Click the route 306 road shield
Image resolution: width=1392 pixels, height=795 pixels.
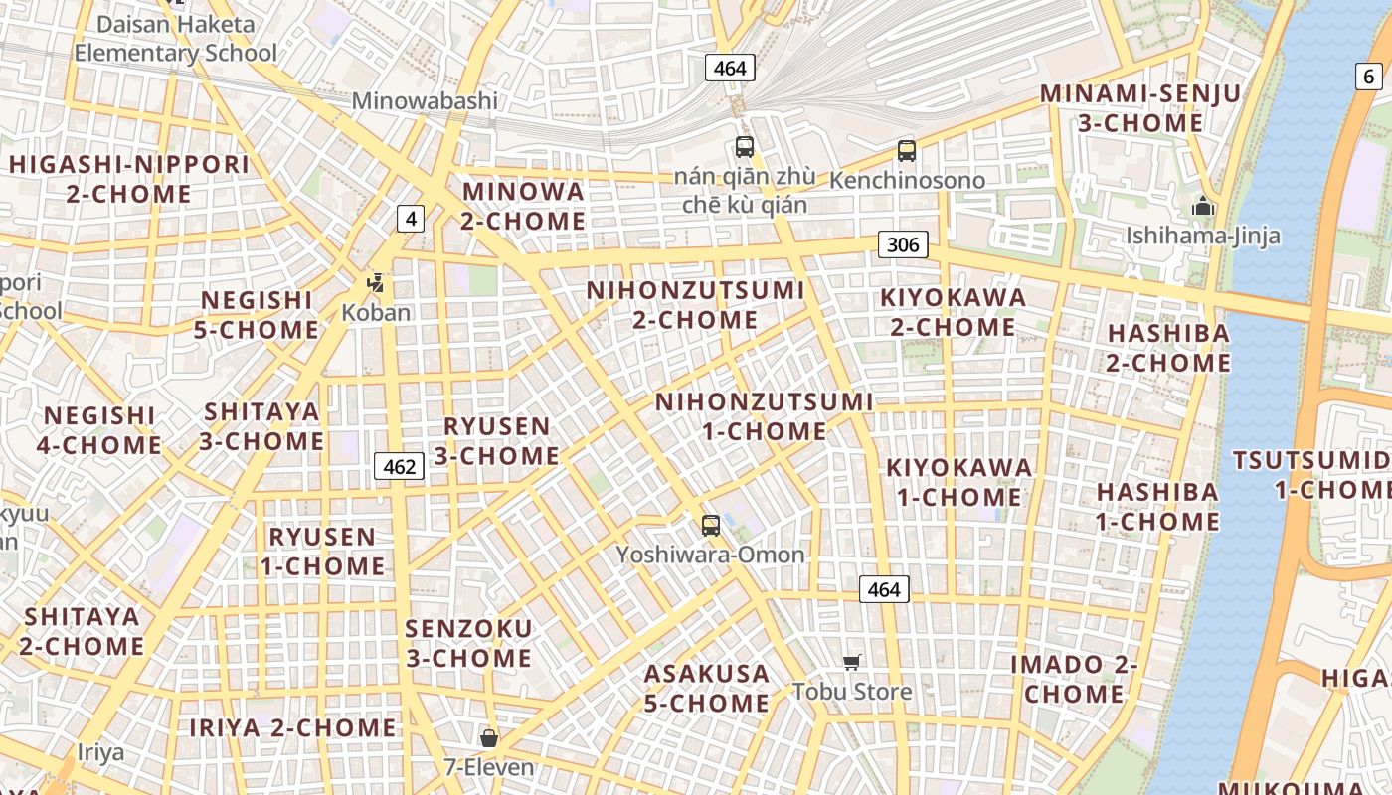tap(903, 244)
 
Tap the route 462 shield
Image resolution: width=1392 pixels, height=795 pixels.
tap(400, 465)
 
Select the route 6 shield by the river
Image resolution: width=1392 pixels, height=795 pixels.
tap(1369, 76)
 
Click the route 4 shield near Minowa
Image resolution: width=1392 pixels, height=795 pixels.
tap(411, 218)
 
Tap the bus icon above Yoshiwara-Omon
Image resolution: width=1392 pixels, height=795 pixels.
tap(710, 526)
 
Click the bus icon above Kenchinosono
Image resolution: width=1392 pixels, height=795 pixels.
tap(906, 151)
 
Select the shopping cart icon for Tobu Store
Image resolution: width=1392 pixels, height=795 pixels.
tap(851, 662)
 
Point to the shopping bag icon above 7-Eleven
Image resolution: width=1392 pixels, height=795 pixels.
tap(488, 737)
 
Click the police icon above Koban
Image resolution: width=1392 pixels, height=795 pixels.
tap(375, 283)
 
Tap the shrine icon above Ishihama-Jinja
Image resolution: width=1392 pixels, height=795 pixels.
tap(1203, 207)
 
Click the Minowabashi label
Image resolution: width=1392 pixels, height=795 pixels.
tap(425, 100)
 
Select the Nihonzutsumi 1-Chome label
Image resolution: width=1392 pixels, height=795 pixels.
tap(764, 416)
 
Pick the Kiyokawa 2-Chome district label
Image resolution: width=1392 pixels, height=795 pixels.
tap(953, 312)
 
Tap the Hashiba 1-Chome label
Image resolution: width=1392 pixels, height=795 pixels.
tap(1157, 507)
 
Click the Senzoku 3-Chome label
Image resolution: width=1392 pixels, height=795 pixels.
tap(468, 643)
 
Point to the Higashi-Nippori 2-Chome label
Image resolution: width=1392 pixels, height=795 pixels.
tap(129, 179)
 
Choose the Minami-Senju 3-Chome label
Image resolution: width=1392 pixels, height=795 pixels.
tap(1140, 108)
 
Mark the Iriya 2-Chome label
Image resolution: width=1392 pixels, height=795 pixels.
tap(292, 727)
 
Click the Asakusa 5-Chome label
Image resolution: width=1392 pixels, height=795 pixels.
tap(706, 688)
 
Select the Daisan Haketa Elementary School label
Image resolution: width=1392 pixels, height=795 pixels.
tap(175, 38)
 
